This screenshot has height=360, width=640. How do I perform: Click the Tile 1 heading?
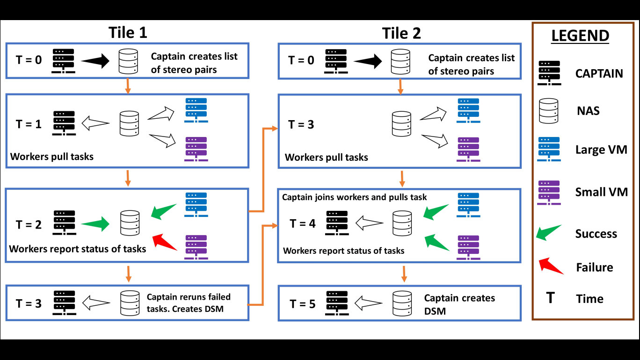128,33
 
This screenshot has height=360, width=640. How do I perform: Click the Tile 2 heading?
401,33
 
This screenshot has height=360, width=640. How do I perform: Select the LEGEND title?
580,36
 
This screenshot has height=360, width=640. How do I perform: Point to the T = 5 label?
302,303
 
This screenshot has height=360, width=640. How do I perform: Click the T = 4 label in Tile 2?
303,223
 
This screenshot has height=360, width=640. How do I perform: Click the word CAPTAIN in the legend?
599,73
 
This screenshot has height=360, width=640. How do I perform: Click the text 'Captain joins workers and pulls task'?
355,197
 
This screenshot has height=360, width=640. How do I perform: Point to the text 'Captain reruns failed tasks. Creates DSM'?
189,302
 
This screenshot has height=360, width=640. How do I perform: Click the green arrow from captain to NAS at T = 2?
95,224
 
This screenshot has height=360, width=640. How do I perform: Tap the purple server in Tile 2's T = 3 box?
468,149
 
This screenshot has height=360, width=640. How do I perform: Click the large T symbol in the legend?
550,298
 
